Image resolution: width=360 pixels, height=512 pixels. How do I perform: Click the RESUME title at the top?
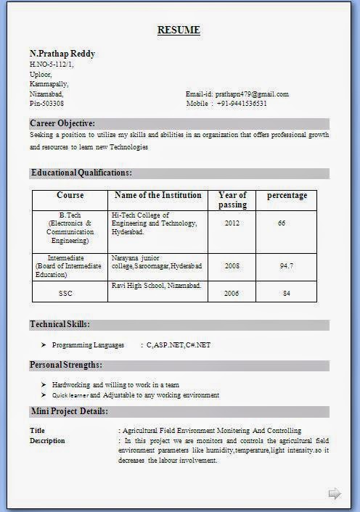tap(179, 30)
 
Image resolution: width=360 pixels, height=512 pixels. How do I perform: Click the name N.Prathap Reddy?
tap(62, 54)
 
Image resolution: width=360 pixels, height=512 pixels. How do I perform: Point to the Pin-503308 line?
tap(46, 104)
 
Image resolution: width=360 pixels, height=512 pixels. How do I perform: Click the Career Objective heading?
tap(62, 123)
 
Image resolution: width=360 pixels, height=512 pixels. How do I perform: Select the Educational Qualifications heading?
tap(81, 173)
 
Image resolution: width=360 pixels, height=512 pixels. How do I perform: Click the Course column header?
tap(70, 195)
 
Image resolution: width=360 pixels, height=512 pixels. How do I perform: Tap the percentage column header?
tap(287, 195)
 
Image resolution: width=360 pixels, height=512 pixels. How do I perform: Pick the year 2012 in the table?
tap(232, 223)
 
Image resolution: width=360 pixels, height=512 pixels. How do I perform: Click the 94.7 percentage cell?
tap(286, 266)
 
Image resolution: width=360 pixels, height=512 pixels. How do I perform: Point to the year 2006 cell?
tap(232, 293)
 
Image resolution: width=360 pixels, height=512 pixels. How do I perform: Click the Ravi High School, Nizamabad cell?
tap(156, 286)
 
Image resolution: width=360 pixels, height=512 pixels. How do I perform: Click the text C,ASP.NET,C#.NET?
tap(179, 345)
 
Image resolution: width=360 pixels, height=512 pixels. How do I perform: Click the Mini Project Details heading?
tap(69, 411)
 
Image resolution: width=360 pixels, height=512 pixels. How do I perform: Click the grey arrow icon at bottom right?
tap(335, 494)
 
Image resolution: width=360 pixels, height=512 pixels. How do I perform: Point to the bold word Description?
tap(47, 441)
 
